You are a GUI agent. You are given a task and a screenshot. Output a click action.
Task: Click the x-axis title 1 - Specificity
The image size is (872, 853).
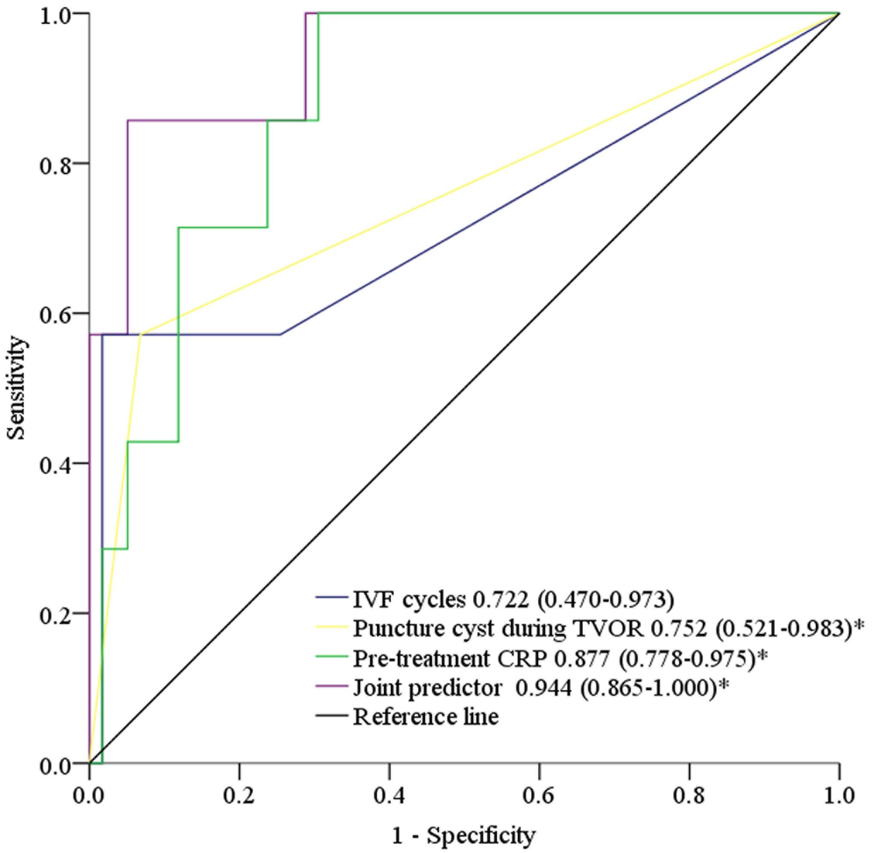[464, 835]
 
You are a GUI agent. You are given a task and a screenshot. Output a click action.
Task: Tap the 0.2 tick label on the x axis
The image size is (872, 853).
[239, 796]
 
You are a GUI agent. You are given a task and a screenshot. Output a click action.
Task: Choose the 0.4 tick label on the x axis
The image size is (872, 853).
[390, 796]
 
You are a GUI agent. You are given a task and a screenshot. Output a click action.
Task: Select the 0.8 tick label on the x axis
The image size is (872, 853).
[689, 796]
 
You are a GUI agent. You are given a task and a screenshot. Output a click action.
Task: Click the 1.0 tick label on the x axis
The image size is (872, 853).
[839, 796]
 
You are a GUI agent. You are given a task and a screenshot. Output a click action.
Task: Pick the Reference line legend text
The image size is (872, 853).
[426, 717]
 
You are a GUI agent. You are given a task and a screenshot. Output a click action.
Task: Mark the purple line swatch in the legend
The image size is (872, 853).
[332, 687]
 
